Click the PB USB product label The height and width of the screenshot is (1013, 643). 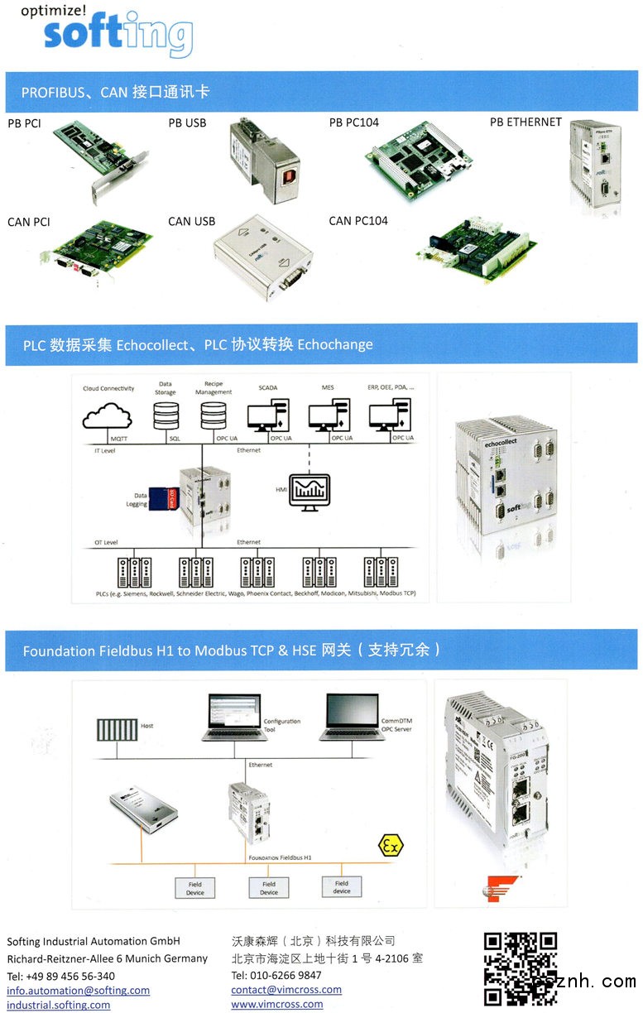187,123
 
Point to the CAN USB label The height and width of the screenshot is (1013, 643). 191,221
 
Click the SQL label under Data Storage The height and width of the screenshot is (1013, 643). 175,438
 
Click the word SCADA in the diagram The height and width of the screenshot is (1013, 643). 268,387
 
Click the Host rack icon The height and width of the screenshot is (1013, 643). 117,731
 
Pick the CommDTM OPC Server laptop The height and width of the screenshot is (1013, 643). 351,717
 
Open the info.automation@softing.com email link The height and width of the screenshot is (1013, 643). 79,990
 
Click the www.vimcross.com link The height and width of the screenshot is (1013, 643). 276,1004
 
